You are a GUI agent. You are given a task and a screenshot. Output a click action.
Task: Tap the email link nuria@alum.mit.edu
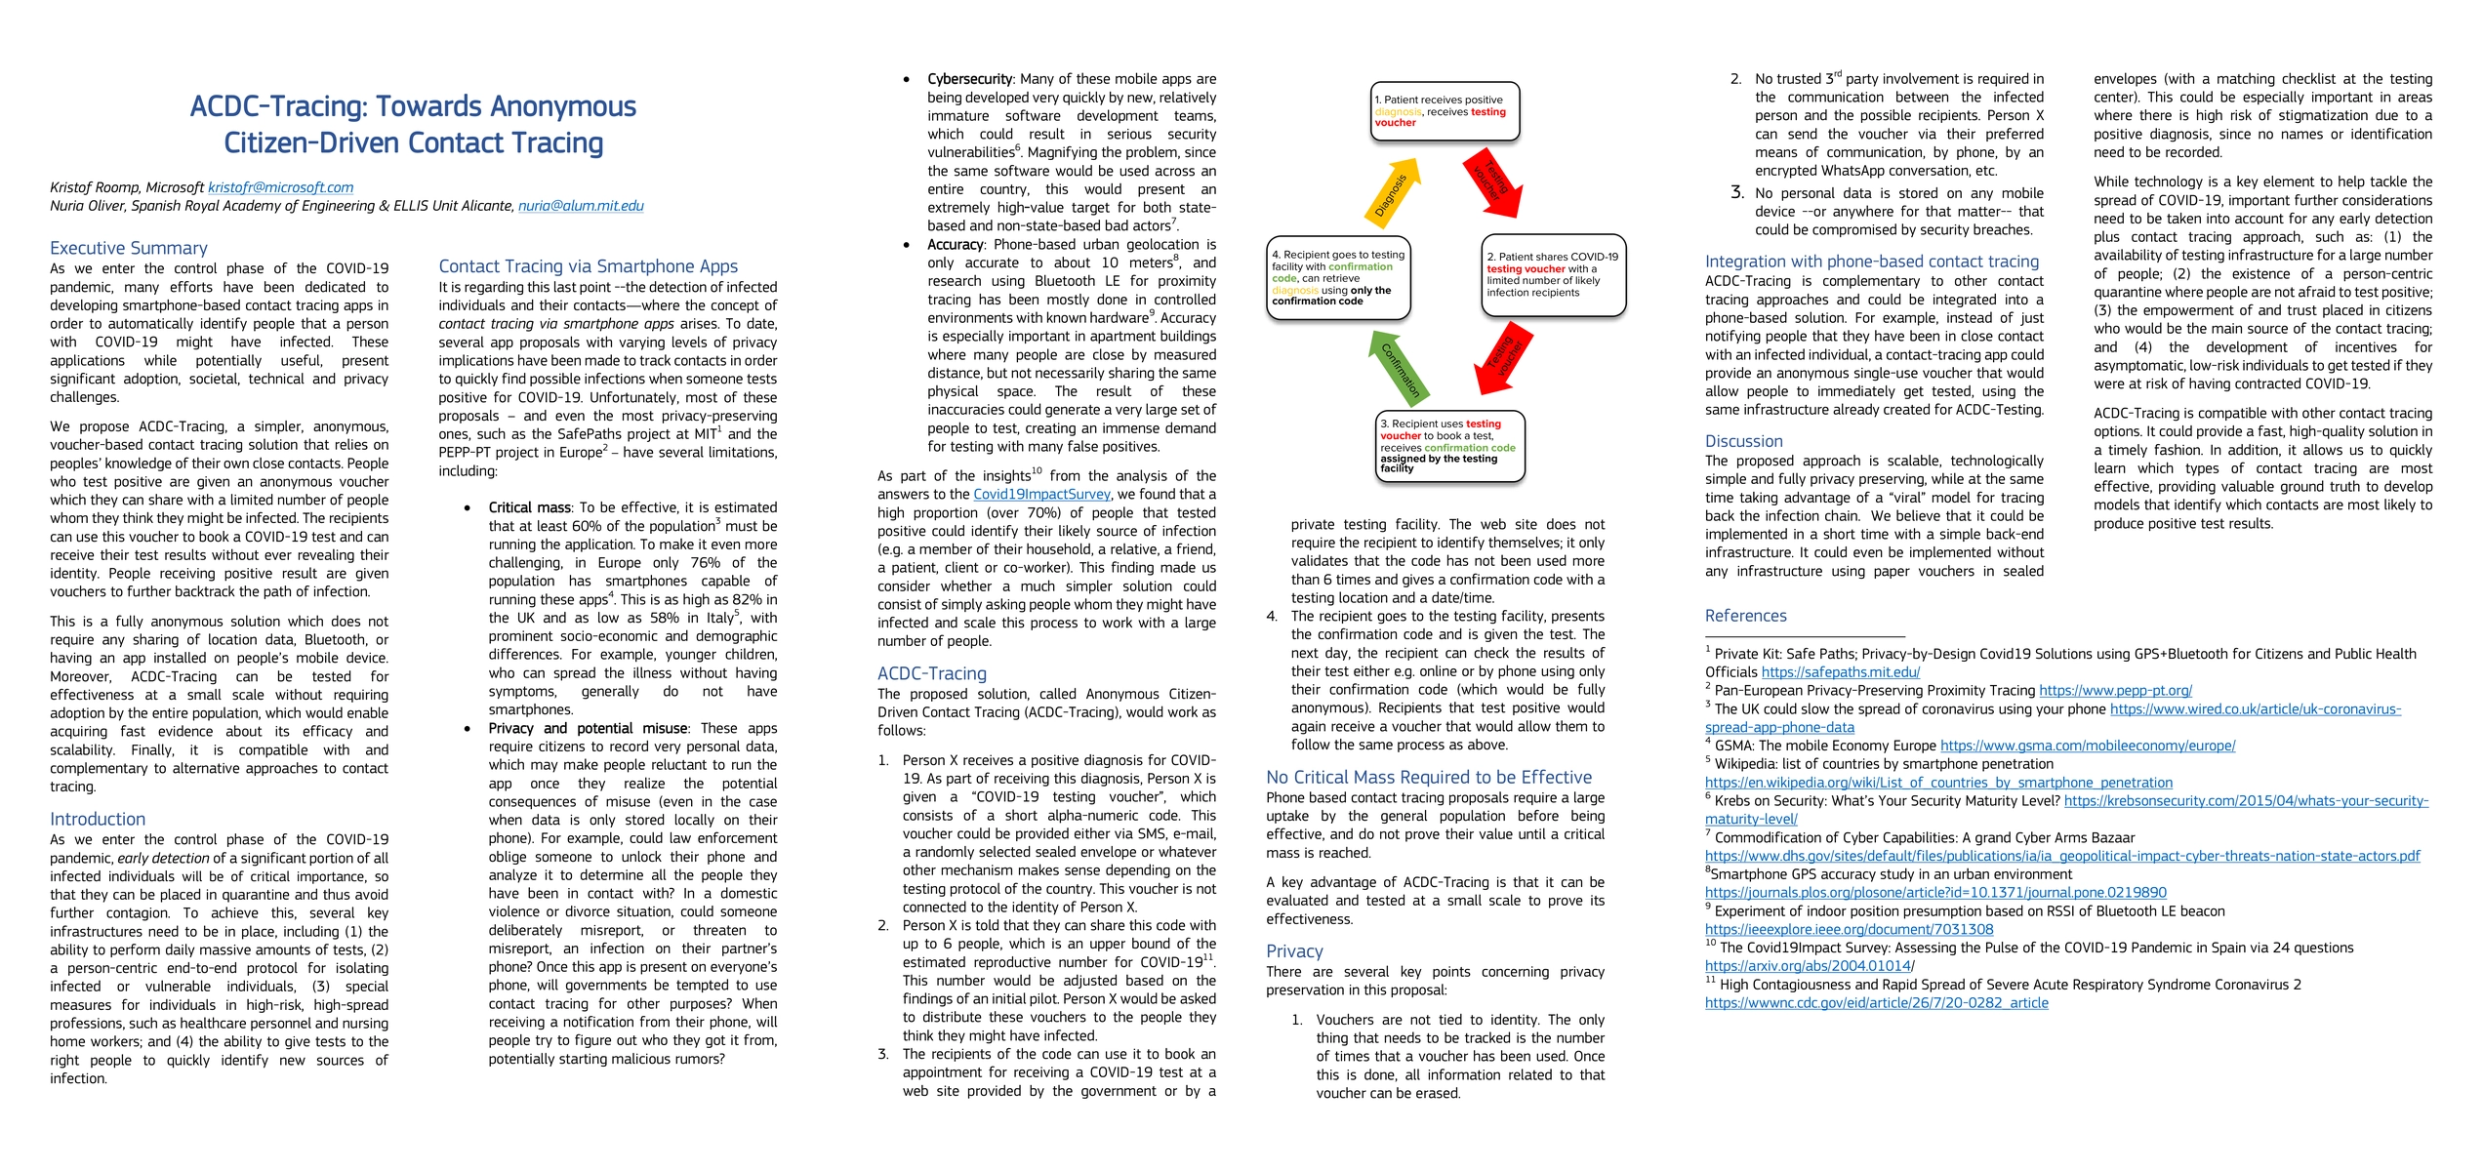click(x=581, y=206)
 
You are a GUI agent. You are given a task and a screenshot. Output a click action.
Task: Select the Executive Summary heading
click(x=129, y=248)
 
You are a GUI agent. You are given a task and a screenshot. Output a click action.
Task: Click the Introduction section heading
click(x=98, y=819)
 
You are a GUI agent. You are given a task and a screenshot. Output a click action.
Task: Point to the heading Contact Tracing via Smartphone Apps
click(x=588, y=266)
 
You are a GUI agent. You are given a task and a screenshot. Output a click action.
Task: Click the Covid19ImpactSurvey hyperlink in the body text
click(x=1041, y=495)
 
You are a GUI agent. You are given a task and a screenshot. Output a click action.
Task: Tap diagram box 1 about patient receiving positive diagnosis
click(x=1445, y=111)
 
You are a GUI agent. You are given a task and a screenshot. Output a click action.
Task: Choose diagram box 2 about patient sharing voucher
click(x=1553, y=274)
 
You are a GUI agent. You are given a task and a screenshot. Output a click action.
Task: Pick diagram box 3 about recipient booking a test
click(x=1449, y=446)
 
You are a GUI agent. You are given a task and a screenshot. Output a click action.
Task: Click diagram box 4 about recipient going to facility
click(x=1338, y=278)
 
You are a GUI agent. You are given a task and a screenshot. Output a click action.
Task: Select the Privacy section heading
click(x=1294, y=951)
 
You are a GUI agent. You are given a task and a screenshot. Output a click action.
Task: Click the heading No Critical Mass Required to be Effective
click(x=1429, y=778)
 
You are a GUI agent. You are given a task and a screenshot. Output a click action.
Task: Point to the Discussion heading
click(x=1743, y=441)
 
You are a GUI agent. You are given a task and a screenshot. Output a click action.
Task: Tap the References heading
click(x=1745, y=616)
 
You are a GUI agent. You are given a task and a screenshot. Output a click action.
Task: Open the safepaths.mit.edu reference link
click(x=1840, y=672)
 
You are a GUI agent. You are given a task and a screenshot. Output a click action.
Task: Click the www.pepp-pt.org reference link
click(x=2115, y=691)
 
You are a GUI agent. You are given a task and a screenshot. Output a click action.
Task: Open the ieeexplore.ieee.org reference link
click(x=1849, y=930)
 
